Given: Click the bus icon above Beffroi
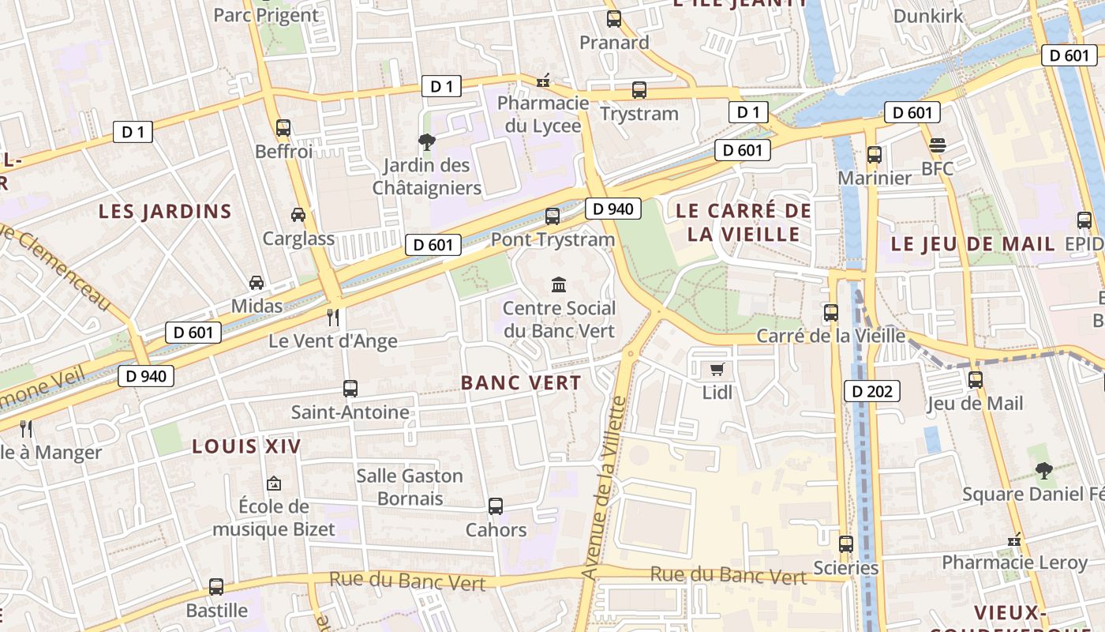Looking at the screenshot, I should [x=283, y=127].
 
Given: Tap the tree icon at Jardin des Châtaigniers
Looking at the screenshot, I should [x=426, y=142].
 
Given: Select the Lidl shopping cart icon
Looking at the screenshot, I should [x=717, y=369].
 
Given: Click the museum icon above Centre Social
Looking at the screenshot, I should [x=559, y=284].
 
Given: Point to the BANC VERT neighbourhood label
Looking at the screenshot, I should [x=521, y=383].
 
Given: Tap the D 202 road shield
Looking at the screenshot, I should [x=872, y=390].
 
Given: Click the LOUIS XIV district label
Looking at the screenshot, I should [x=246, y=446].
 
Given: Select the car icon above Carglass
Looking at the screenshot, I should [x=298, y=214].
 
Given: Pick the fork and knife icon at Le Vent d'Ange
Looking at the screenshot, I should [x=333, y=318].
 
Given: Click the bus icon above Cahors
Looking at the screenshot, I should [x=496, y=506].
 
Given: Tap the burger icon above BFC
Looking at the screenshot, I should [x=937, y=145].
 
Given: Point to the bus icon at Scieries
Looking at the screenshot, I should [x=845, y=544].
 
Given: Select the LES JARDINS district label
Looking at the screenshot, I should [x=165, y=211].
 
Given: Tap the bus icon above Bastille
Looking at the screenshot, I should [x=216, y=587].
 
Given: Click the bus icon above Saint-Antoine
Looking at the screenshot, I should [x=350, y=389].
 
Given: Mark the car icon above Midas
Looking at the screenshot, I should [x=257, y=282].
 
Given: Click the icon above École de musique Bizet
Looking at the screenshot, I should [x=274, y=483].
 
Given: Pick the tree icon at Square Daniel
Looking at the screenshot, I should [x=1043, y=471].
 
